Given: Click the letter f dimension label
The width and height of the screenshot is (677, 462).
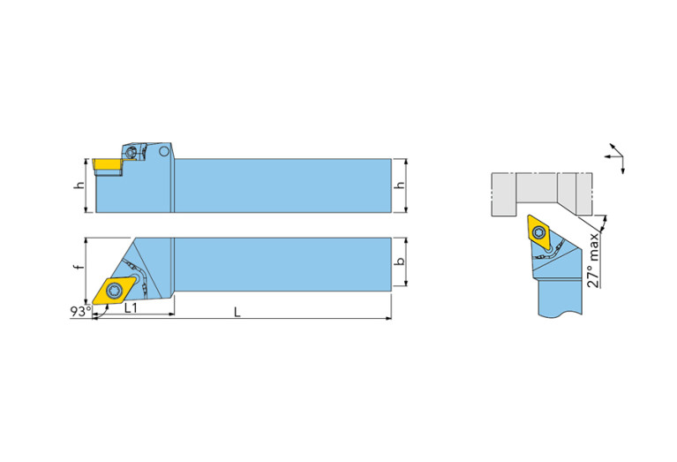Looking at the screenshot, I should (78, 267).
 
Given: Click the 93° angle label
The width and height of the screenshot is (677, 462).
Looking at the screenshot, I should (79, 312).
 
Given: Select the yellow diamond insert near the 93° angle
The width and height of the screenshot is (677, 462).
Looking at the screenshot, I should (116, 289).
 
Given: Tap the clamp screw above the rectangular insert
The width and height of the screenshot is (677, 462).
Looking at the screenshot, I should (132, 152).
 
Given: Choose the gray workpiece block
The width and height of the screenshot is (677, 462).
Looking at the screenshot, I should (538, 193).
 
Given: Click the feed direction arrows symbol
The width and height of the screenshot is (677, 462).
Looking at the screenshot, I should (616, 155).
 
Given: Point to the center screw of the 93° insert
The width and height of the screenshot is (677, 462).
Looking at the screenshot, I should (115, 289).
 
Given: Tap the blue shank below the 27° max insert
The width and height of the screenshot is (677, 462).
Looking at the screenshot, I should (560, 296).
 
